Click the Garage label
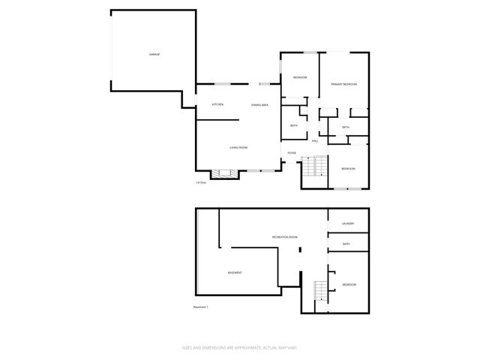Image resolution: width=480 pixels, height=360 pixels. tap(154, 55)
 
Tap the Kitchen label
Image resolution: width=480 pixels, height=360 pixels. tap(217, 105)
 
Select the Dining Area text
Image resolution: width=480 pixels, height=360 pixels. tap(260, 105)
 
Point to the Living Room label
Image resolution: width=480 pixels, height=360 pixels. tap(239, 148)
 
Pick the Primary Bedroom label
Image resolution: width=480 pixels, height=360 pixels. tap(343, 84)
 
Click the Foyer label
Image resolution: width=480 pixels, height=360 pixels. tap(291, 153)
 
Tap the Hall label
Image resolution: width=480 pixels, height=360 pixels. tap(315, 140)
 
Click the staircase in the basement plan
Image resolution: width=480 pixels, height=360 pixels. tap(320, 291)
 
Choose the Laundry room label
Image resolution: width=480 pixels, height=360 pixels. tap(348, 223)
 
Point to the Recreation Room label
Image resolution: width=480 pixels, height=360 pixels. tap(285, 237)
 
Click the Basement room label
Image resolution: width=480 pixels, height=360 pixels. tap(235, 272)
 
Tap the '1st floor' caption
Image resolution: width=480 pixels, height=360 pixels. tap(201, 182)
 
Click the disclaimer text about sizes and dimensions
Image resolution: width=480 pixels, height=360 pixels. tap(240, 347)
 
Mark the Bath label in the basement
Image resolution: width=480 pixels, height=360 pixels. tap(346, 244)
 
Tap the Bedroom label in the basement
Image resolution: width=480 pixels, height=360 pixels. tap(349, 285)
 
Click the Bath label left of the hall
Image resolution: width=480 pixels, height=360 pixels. tap(294, 125)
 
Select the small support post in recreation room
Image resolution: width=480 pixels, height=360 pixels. tap(300, 248)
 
